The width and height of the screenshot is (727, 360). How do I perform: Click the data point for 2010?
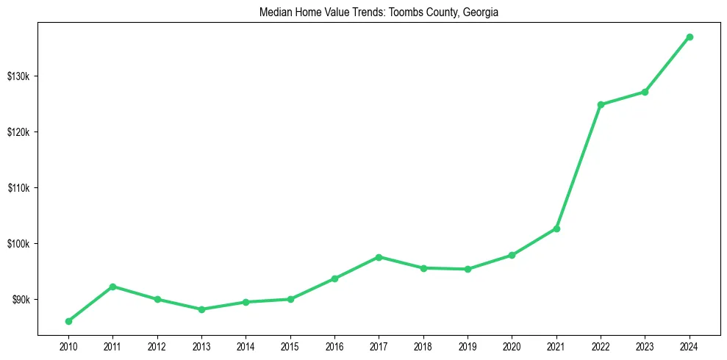68,321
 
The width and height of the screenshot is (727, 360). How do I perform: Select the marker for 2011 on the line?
112,287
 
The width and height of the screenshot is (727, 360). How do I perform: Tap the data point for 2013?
201,309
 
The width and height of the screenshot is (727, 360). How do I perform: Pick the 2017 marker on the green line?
379,257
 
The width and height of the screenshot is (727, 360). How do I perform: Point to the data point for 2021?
556,228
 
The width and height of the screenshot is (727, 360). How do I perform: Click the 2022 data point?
601,104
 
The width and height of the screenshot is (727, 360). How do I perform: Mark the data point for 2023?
645,92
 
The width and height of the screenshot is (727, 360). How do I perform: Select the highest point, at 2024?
690,37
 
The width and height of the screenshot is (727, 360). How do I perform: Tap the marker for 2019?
468,269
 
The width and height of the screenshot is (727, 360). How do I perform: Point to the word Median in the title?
273,12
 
